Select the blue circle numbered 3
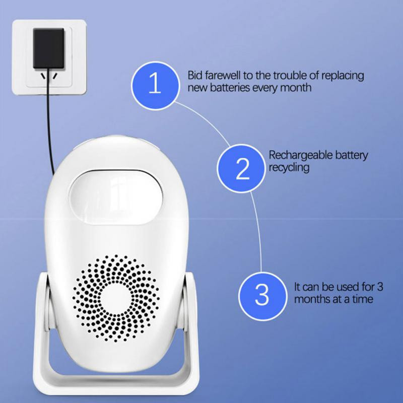click(x=262, y=295)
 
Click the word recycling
click(x=289, y=167)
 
